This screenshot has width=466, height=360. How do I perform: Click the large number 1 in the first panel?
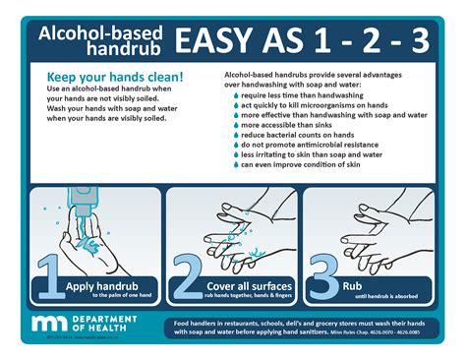click(49, 276)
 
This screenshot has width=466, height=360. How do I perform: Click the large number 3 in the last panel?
click(321, 276)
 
